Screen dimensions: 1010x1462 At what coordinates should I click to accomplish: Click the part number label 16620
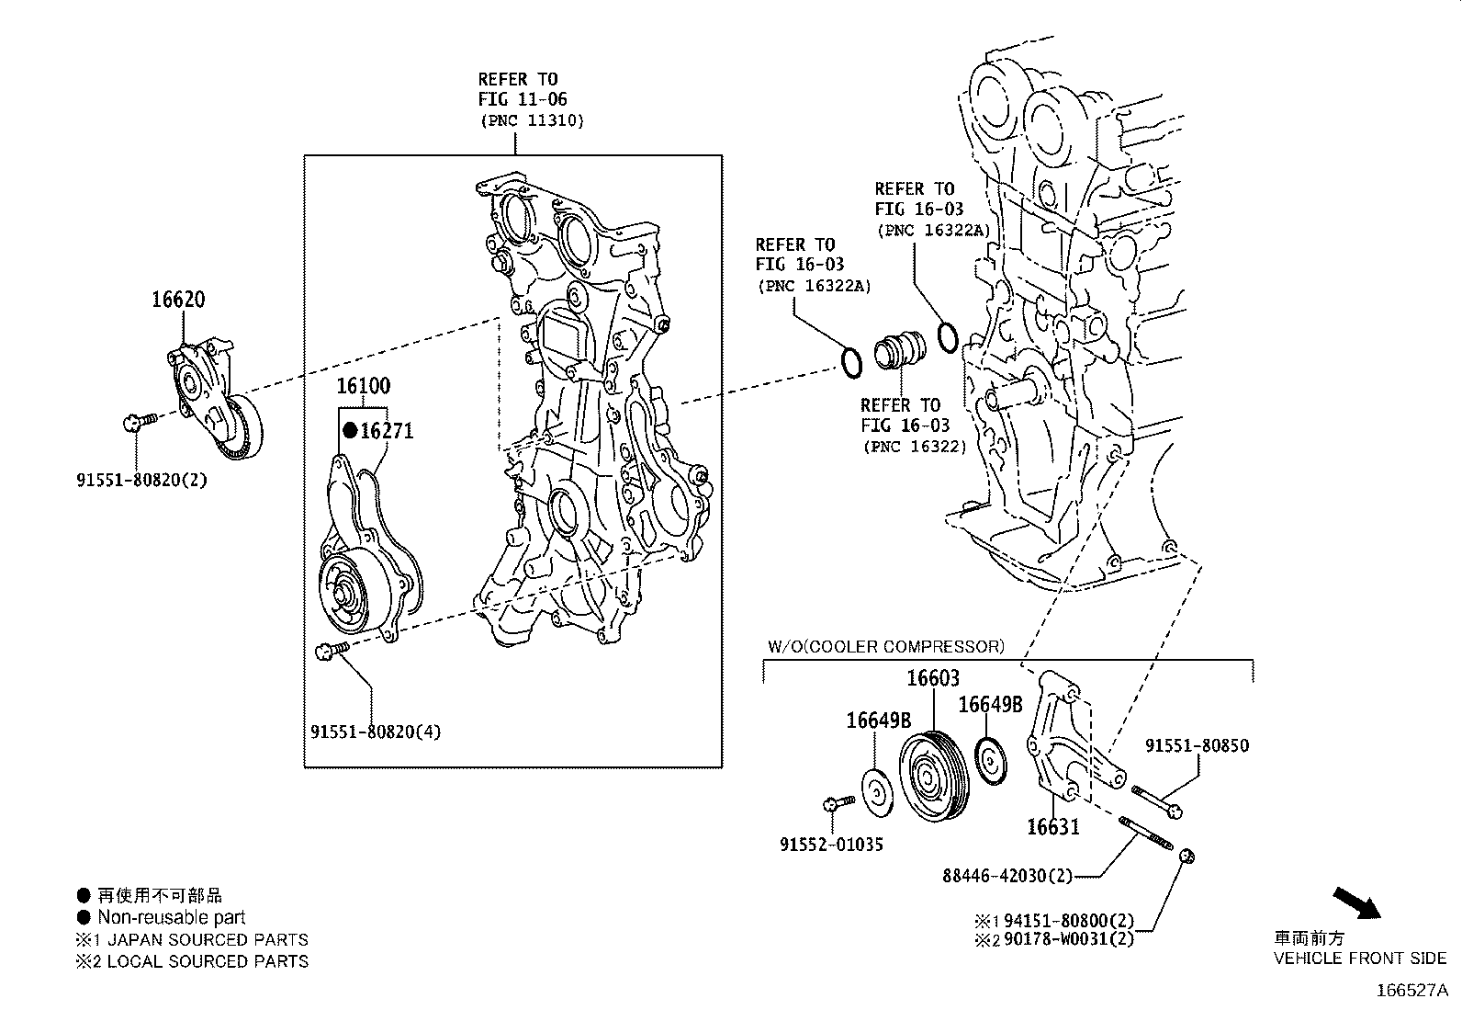pos(178,300)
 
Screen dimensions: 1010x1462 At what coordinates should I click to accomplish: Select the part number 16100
pos(363,386)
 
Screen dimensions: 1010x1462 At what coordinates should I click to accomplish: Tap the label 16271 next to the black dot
pos(387,430)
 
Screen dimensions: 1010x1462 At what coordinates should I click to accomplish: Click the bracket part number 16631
pos(1052,827)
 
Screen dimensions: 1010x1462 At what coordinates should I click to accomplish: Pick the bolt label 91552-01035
pos(832,845)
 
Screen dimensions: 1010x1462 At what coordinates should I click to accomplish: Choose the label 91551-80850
pos(1197,746)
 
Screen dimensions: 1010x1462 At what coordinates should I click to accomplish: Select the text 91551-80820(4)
pos(376,732)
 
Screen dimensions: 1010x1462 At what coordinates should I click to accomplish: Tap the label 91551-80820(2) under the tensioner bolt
pos(141,480)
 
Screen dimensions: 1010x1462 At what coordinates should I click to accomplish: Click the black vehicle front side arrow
pos(1357,902)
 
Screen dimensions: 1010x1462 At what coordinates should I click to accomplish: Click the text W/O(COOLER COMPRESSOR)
pos(885,647)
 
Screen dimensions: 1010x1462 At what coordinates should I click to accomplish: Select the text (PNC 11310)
pos(531,120)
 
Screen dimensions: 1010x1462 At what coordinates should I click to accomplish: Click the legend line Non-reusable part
pos(171,917)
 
